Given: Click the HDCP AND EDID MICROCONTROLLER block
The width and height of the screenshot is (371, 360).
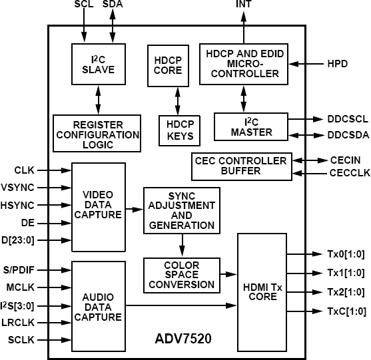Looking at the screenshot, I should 244,64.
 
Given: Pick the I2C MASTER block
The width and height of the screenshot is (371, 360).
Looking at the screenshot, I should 250,126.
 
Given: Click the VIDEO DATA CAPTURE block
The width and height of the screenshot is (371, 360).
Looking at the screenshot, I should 98,205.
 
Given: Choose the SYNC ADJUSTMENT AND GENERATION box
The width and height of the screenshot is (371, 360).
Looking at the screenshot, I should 182,210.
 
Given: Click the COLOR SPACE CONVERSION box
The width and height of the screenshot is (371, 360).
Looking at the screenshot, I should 182,275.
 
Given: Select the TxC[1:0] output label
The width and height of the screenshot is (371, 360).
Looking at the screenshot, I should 345,311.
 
